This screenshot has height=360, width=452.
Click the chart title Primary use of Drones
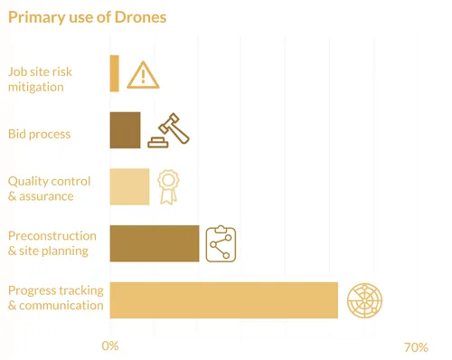point(87,17)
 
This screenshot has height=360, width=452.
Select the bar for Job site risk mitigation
point(114,73)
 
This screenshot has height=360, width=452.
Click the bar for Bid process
point(125,130)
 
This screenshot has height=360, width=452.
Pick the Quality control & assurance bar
point(129,186)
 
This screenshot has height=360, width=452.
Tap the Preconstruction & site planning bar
point(155,243)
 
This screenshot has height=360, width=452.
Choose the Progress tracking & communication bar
point(223,299)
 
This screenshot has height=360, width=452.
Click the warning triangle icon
point(143,74)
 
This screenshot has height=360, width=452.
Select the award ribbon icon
point(167,186)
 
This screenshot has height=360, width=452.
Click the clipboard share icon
point(221,243)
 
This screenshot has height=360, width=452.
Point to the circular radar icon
point(365,299)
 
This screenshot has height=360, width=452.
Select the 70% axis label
point(416,347)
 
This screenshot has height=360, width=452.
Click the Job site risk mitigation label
point(49,80)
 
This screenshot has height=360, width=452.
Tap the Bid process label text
point(39,135)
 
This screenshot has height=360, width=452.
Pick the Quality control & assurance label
point(49,188)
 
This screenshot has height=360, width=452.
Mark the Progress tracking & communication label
point(54,298)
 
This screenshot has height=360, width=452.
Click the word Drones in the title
point(140,17)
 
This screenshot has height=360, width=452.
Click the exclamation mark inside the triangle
point(143,77)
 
